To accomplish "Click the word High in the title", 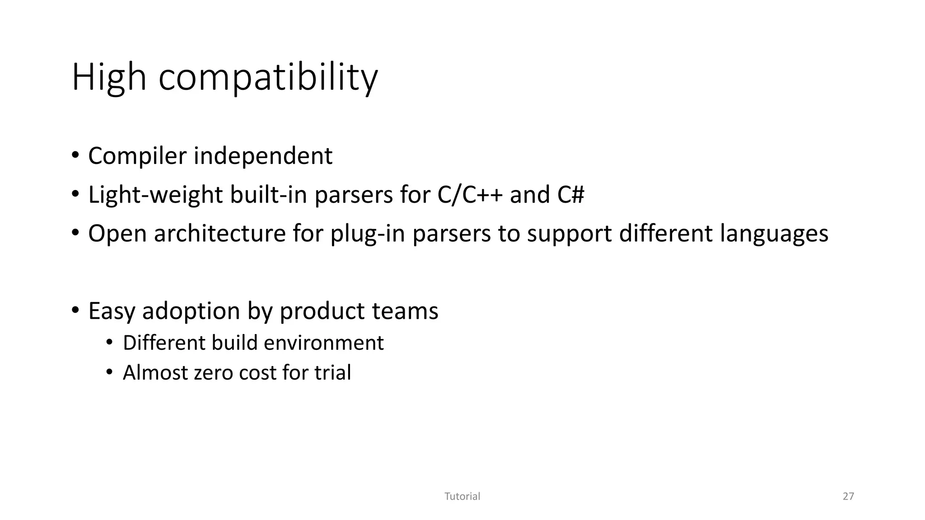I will [x=109, y=78].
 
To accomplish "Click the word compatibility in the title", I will [x=268, y=78].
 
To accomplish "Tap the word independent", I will [x=263, y=156].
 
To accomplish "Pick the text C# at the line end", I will [x=570, y=195].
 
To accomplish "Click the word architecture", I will [x=220, y=234].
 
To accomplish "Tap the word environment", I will [x=323, y=343].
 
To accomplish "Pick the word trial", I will [x=332, y=373].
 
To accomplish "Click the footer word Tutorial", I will [x=462, y=497].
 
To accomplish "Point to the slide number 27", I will [x=848, y=497].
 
